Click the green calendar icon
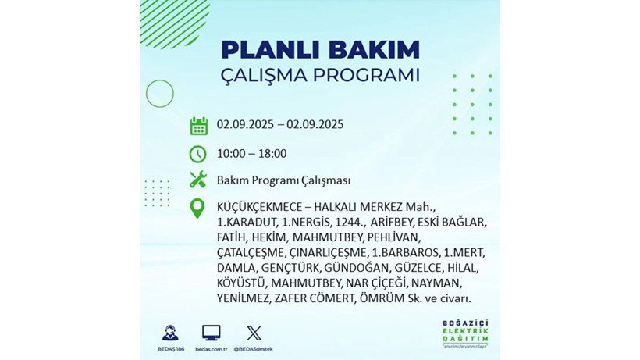tap(198, 125)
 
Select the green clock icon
tap(198, 153)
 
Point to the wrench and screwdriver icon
tap(198, 180)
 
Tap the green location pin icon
tap(198, 209)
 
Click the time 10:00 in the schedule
tap(231, 153)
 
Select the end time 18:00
tap(272, 153)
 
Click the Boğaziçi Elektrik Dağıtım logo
tap(464, 333)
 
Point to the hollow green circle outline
tap(159, 94)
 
